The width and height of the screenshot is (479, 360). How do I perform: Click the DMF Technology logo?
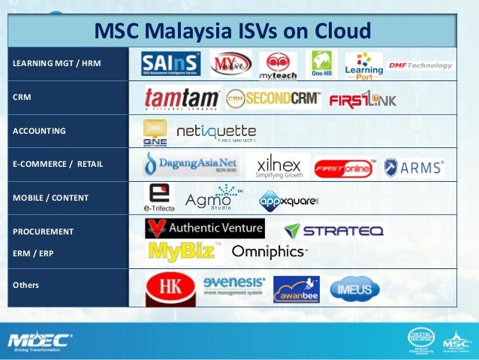[420, 65]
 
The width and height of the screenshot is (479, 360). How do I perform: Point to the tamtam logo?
[182, 98]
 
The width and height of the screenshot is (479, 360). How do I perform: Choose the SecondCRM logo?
[273, 98]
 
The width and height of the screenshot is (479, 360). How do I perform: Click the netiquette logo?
[215, 133]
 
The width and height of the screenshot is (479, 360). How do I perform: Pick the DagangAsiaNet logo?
[191, 164]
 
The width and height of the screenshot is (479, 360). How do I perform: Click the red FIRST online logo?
[345, 168]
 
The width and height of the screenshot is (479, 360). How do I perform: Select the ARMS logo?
[414, 167]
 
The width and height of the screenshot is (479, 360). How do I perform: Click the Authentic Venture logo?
[204, 228]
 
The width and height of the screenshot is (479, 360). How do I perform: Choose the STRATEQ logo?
[333, 230]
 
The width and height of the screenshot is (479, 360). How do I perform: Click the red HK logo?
[170, 289]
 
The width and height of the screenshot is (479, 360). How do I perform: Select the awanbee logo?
[296, 289]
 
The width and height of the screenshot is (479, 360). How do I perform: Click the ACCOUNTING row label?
[39, 131]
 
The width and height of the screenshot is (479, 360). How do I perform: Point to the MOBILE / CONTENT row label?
[50, 198]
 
